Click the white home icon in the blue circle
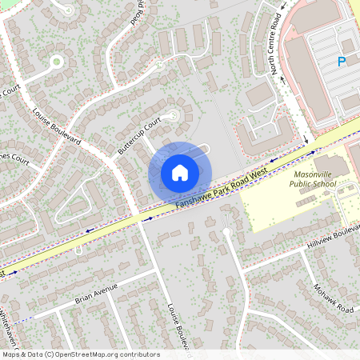(180, 172)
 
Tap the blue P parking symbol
(342, 62)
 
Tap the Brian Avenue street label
(96, 293)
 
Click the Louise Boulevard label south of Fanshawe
(177, 326)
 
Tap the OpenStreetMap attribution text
(80, 354)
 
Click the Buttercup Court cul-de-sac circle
(170, 117)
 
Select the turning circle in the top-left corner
(56, 61)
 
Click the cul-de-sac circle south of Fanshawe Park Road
(226, 232)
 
